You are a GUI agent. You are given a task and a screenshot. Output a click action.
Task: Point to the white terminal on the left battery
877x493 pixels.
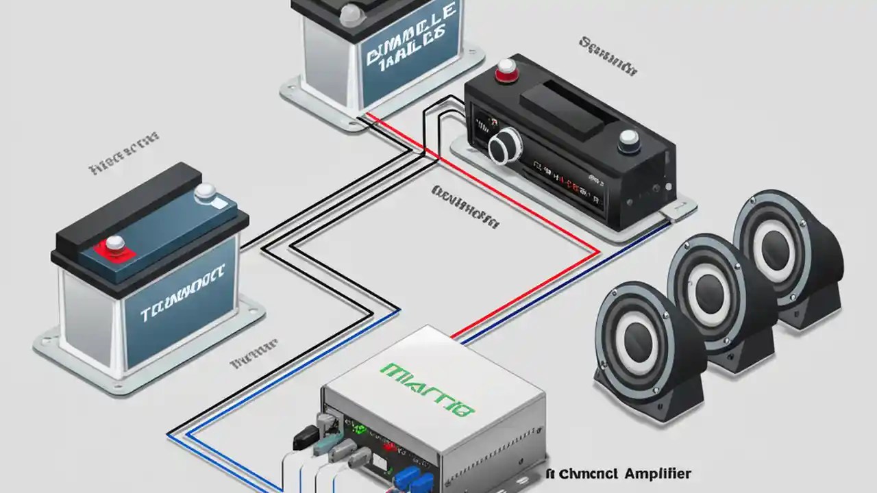pos(205,194)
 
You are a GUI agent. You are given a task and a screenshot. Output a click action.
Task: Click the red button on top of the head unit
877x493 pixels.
pos(506,68)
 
